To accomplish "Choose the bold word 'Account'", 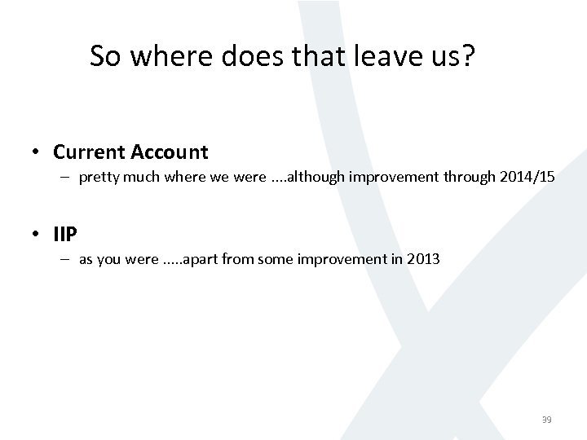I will click(x=166, y=152).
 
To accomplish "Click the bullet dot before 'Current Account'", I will click(x=38, y=152).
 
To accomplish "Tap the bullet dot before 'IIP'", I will click(x=38, y=235).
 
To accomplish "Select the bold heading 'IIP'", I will click(x=65, y=235).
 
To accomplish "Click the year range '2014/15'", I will click(x=531, y=177).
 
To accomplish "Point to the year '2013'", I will click(x=423, y=259).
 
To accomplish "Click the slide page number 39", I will click(x=546, y=420).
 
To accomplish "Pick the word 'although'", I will click(x=316, y=177).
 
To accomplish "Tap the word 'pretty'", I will click(x=97, y=177).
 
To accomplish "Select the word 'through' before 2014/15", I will click(x=479, y=177).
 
